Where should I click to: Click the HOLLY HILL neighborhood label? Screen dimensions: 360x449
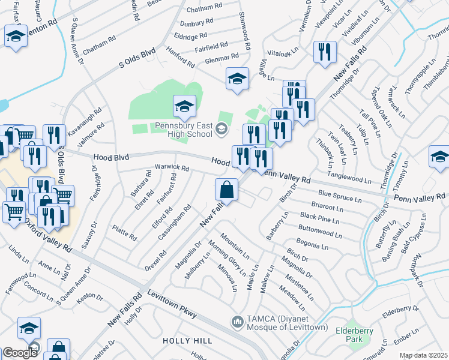point(188,340)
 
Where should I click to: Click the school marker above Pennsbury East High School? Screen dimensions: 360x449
point(184,107)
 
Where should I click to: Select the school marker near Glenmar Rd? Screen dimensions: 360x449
point(237,79)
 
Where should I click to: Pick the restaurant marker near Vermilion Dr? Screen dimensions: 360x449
point(324,51)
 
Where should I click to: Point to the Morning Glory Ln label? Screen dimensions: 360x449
point(227,257)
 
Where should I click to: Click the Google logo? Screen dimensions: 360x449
point(19,352)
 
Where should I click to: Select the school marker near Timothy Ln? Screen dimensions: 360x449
point(439,157)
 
